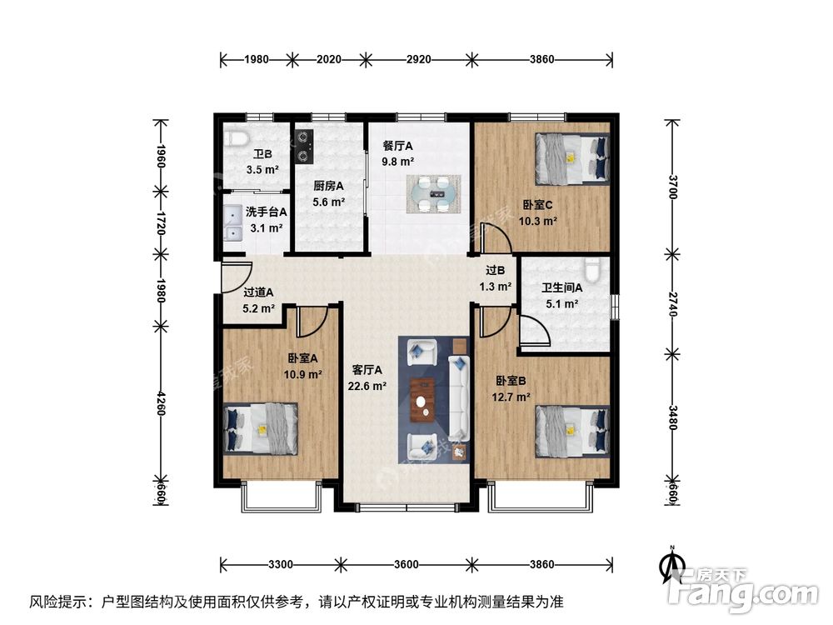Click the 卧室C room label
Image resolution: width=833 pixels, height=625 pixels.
(538, 204)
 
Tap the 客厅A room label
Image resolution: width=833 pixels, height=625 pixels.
(367, 370)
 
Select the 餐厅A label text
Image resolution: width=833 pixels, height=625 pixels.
(397, 145)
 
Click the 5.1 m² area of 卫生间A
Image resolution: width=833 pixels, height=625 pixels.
(562, 304)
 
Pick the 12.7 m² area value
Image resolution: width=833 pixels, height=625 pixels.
(511, 397)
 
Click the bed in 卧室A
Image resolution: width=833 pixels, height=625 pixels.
(261, 427)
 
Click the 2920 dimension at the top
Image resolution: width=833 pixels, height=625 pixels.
(419, 59)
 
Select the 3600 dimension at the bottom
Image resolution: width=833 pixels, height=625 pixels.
(406, 564)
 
